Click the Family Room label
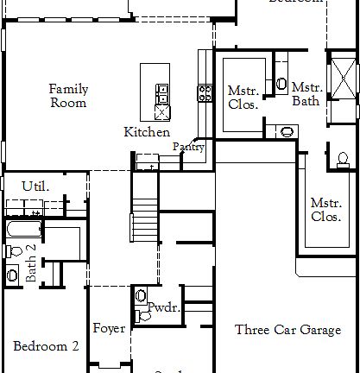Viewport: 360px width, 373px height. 67,95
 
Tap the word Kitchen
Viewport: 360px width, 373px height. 147,132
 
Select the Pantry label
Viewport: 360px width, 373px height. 188,148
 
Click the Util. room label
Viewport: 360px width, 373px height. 35,186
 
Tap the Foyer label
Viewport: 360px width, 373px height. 110,329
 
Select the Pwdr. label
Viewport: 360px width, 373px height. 162,307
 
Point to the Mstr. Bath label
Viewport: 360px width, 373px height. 306,93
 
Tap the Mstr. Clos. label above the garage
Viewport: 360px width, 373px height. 326,210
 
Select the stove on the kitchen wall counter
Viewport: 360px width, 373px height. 205,92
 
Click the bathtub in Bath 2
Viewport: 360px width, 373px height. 22,231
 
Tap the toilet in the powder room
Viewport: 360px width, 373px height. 142,317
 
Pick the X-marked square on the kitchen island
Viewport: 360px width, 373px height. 161,111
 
